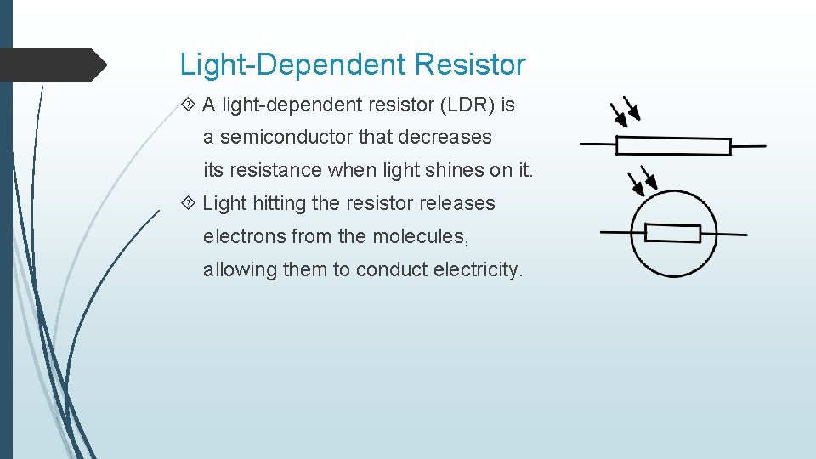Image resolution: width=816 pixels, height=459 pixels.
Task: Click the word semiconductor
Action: click(x=286, y=137)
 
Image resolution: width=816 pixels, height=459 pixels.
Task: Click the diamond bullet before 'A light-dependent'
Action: click(x=188, y=105)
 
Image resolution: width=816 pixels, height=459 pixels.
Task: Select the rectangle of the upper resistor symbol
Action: click(x=673, y=146)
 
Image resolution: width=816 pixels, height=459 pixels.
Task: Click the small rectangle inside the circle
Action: click(x=672, y=234)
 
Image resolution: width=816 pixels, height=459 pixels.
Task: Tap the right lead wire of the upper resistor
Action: click(x=748, y=146)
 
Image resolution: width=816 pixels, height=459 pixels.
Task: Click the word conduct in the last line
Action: click(x=392, y=269)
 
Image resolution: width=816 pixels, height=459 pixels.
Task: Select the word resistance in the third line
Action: click(x=275, y=170)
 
